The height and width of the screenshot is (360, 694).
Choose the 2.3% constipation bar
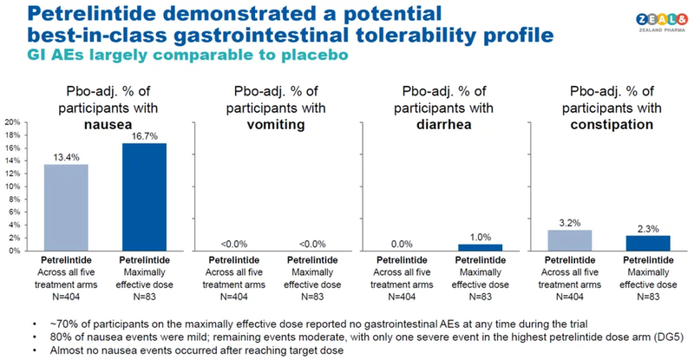[x=648, y=243]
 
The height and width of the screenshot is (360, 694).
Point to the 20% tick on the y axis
[x=11, y=122]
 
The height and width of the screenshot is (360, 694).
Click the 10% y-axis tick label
[x=11, y=187]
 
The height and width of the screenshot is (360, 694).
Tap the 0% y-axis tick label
[x=14, y=251]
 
